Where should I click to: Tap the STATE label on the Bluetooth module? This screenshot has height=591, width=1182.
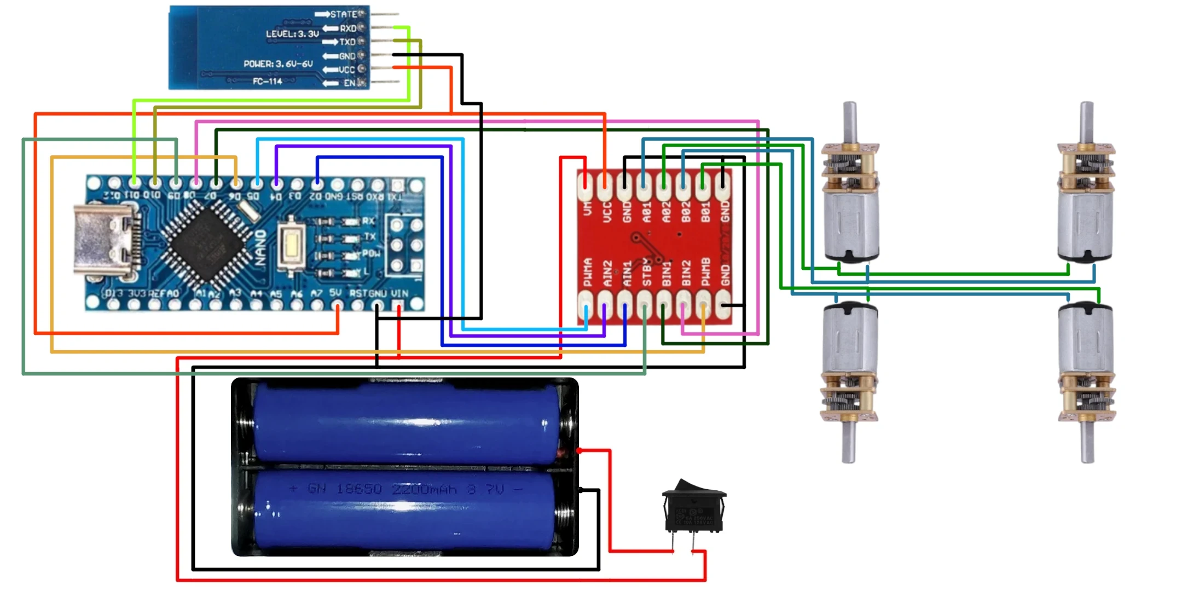coord(343,14)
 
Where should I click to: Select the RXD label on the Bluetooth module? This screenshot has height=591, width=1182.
coord(348,28)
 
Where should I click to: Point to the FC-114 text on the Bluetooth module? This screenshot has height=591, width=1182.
coord(267,82)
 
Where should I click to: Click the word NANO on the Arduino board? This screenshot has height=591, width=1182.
coord(261,247)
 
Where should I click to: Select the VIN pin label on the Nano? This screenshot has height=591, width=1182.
coord(399,293)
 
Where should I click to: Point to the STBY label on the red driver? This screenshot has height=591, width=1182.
coord(646,272)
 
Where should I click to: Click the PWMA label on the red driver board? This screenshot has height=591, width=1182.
coord(588,272)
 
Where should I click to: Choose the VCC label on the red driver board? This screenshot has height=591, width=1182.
coord(607,212)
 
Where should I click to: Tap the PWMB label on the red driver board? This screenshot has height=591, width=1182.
coord(705,272)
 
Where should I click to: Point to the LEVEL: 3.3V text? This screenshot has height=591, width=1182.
coord(292,34)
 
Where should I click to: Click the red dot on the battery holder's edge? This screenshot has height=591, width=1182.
coord(579,450)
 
